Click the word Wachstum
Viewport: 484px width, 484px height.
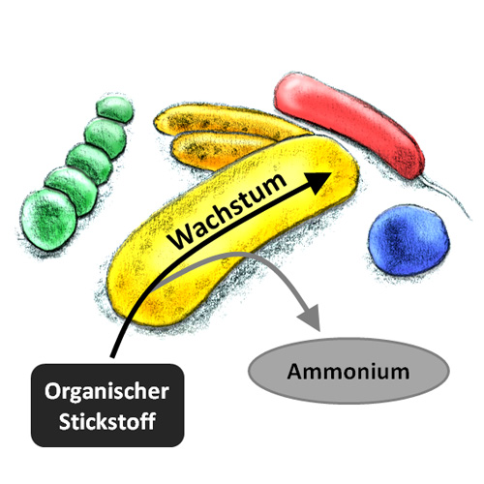[227, 211]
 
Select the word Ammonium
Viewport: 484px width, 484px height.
[348, 372]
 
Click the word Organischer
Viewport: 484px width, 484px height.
[106, 392]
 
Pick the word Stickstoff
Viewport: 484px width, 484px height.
[107, 421]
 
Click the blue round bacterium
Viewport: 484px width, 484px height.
[408, 240]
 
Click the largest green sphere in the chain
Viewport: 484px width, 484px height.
[49, 220]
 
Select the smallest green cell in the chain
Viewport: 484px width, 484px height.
[115, 109]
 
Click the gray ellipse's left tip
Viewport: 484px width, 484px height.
[249, 371]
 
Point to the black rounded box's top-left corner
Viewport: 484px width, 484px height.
[32, 365]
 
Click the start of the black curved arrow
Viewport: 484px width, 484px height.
[112, 357]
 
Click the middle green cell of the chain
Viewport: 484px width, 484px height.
[89, 163]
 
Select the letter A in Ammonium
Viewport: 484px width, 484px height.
[295, 372]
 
